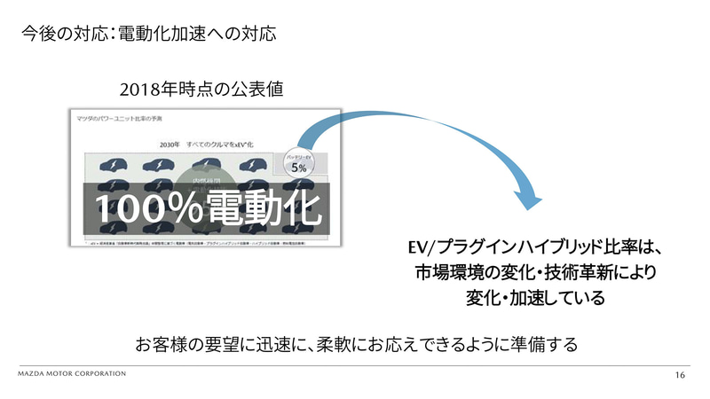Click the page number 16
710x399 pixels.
[680, 377]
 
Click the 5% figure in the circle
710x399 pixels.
[299, 167]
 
